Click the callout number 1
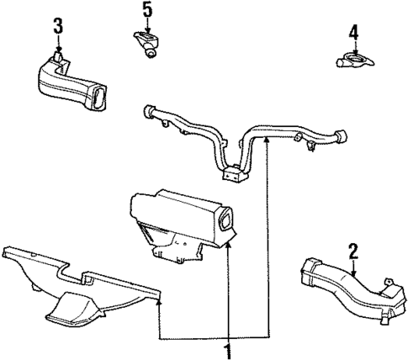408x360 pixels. [x=228, y=347]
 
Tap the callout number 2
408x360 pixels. [x=354, y=250]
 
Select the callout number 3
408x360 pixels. [x=57, y=25]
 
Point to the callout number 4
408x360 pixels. [x=353, y=34]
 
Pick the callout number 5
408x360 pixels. [x=146, y=11]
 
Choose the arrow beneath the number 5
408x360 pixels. [x=146, y=27]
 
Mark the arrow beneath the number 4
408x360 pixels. [x=353, y=49]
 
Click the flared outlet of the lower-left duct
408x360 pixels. [x=72, y=315]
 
